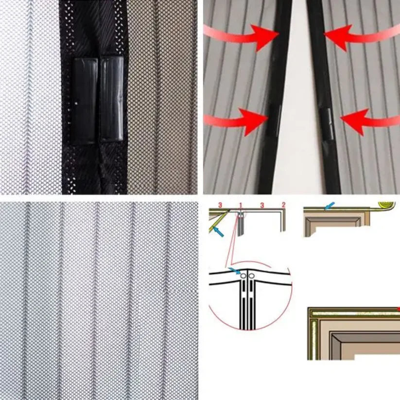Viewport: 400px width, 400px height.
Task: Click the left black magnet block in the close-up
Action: pos(85,101)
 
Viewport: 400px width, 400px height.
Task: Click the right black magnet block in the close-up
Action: pos(112,99)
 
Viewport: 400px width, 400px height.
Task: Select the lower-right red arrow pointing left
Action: pos(370,122)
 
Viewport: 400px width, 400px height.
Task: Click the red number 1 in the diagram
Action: pos(240,205)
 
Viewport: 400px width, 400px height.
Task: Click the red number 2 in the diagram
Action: pos(283,205)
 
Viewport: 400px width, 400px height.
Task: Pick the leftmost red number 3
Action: pos(220,205)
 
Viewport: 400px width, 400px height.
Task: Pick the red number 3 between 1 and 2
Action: pos(262,205)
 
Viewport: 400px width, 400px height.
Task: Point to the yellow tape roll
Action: pos(387,205)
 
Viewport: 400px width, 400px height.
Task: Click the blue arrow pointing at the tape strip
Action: pos(329,206)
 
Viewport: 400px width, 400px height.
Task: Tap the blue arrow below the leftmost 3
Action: pos(218,232)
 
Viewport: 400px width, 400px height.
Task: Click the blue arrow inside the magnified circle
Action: pos(234,271)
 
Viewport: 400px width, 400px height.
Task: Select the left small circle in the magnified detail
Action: pos(243,276)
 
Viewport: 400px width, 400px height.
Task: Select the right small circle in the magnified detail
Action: pos(252,276)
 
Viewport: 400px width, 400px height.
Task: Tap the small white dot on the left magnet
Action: pos(77,104)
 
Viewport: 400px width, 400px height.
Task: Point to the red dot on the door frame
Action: pos(398,310)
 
